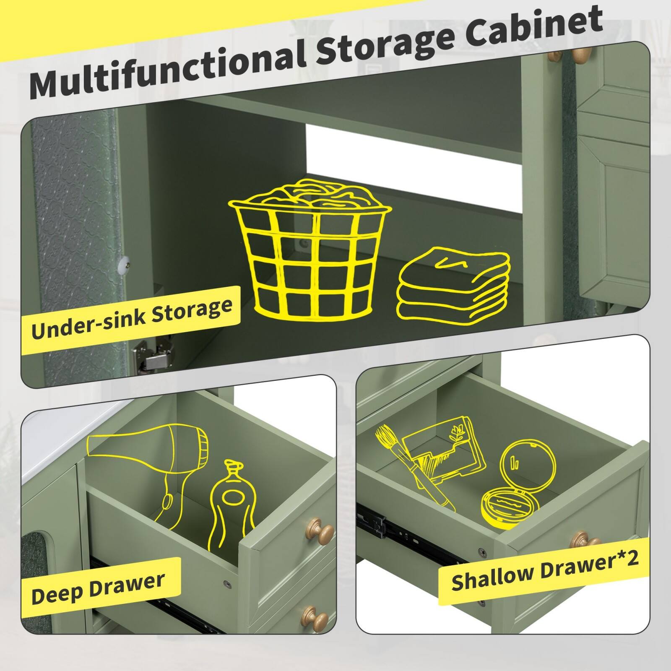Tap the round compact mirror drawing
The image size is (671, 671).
[x=520, y=486]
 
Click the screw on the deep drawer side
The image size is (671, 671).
[x=227, y=583]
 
